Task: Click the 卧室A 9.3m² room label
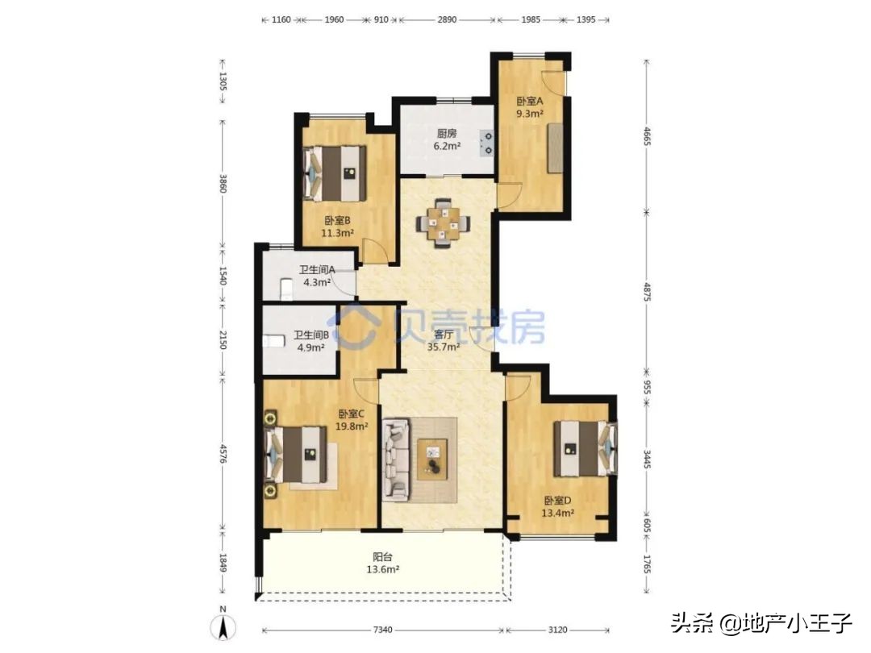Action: [530, 108]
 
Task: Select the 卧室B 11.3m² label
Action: [338, 227]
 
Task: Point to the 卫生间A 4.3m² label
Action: [317, 277]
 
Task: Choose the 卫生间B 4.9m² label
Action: [310, 342]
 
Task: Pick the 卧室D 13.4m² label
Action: [558, 506]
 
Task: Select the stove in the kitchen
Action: [487, 142]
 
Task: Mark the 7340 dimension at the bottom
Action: [383, 630]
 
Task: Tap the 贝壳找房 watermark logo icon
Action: [356, 326]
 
